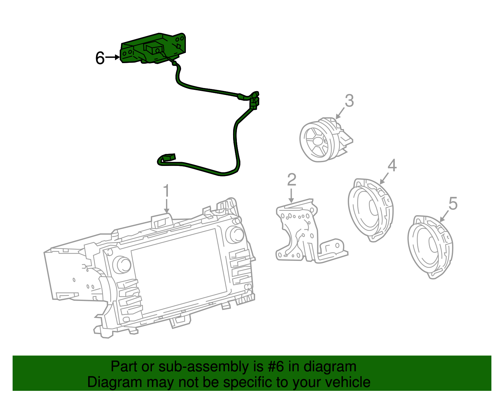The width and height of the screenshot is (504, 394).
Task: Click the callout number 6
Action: [x=100, y=58]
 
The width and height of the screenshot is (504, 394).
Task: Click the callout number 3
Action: [x=349, y=101]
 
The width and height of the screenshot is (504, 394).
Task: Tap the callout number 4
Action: [x=392, y=165]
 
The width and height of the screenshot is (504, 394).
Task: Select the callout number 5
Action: [x=453, y=203]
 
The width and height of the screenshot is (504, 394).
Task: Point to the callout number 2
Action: [x=292, y=179]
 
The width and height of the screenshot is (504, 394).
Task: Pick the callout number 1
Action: [x=166, y=191]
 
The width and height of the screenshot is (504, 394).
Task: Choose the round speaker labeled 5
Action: [x=430, y=246]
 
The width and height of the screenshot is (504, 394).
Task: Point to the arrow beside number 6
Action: [x=112, y=57]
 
